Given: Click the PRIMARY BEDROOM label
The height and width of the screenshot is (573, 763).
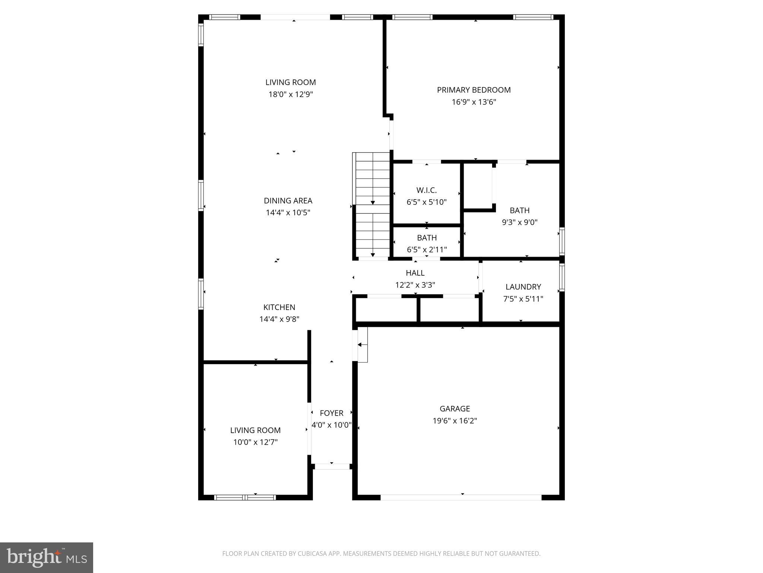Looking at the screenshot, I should (x=474, y=90).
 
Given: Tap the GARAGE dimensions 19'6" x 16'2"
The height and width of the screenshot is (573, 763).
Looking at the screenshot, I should (x=455, y=421).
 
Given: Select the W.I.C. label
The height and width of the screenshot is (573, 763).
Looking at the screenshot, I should (x=426, y=190).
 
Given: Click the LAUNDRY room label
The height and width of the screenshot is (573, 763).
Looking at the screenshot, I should (x=523, y=287).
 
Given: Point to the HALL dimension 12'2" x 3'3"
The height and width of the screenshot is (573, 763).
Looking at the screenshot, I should (x=415, y=285).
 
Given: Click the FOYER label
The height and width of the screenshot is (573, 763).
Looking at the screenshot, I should (x=331, y=413).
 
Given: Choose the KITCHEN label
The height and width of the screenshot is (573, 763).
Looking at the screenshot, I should (x=279, y=307).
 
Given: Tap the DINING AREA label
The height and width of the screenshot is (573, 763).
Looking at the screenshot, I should (x=288, y=201).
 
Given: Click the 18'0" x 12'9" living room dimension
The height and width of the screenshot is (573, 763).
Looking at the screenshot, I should (x=291, y=94).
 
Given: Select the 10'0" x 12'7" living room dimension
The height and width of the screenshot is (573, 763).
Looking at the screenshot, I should (x=255, y=442).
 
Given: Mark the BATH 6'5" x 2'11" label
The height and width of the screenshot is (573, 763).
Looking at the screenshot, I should (x=427, y=238).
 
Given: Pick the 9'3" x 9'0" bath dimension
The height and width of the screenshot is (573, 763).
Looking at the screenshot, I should (x=519, y=222).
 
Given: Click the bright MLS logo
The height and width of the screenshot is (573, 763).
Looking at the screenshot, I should (x=47, y=557).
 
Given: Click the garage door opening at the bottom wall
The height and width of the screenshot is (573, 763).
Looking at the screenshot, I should (x=460, y=497).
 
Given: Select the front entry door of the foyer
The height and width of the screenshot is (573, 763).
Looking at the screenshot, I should (x=332, y=466).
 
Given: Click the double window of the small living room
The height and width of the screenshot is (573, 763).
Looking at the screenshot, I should (x=245, y=497).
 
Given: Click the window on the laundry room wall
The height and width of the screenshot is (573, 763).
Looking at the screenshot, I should (x=562, y=277).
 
